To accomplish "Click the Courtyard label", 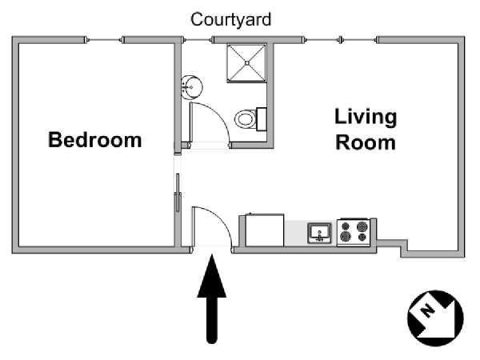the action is [x=231, y=19].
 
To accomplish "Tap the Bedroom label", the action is [x=95, y=140].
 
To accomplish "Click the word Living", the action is [x=366, y=118].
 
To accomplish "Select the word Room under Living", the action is [x=366, y=142].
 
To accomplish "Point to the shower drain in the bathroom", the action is [x=247, y=63].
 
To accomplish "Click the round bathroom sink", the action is [x=192, y=87].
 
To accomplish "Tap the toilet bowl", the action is [x=246, y=118].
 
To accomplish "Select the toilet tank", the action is [x=261, y=119].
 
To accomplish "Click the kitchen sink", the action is [x=319, y=234].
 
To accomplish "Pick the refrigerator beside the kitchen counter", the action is [x=265, y=230].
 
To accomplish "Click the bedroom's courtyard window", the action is [x=104, y=40].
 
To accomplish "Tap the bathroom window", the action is [x=198, y=40].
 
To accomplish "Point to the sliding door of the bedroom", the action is [x=178, y=192].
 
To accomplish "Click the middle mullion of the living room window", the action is [x=341, y=40].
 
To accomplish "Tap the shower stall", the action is [x=246, y=63].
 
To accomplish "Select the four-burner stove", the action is [x=354, y=232].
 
